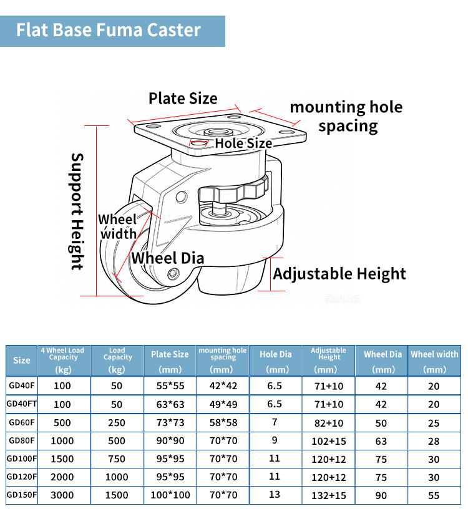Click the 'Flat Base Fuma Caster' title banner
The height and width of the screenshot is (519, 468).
click(112, 31)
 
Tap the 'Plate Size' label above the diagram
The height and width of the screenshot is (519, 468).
click(183, 99)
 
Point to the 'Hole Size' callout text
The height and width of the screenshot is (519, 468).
click(243, 143)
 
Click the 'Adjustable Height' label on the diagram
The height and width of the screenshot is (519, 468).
click(339, 274)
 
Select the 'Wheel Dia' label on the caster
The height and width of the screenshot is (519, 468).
click(168, 258)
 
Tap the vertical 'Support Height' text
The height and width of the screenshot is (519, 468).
click(77, 211)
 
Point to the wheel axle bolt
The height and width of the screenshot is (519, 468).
click(173, 274)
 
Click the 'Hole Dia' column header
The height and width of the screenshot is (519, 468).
click(276, 361)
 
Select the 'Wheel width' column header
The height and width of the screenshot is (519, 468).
click(434, 361)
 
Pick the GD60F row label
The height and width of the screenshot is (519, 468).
click(22, 422)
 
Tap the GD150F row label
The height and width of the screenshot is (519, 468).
click(22, 495)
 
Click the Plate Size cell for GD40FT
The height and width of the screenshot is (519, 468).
click(170, 404)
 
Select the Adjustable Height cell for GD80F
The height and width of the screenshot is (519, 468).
click(329, 441)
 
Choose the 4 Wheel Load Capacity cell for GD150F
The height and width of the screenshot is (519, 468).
click(62, 495)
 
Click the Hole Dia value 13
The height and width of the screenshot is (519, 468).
click(275, 495)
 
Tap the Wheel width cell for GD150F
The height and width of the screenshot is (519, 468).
click(434, 495)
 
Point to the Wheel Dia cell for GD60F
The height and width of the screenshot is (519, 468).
click(381, 423)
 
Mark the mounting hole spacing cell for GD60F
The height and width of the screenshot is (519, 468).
click(223, 423)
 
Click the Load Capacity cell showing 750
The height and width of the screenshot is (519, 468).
click(117, 459)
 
